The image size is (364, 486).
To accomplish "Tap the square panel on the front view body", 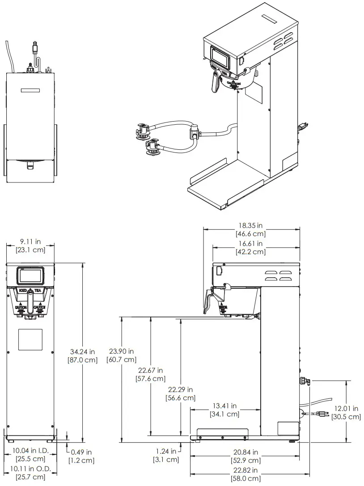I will [x=30, y=339].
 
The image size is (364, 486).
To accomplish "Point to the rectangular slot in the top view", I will [x=30, y=90].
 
